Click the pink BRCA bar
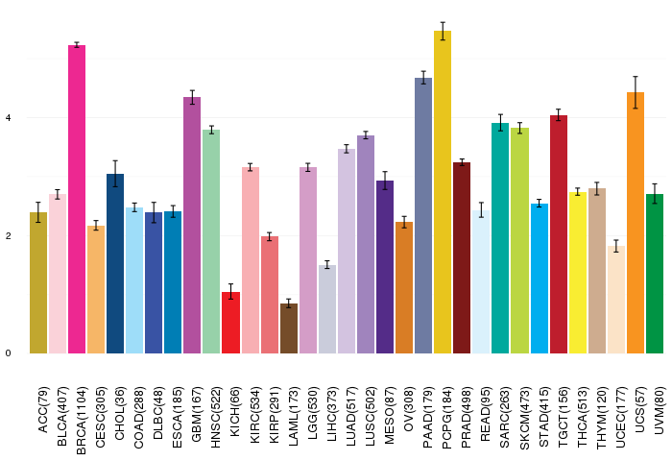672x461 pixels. coord(77,200)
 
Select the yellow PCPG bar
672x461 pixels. coord(443,192)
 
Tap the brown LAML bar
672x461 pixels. coord(289,328)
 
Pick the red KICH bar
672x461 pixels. coord(231,323)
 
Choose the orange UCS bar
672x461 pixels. coord(636,223)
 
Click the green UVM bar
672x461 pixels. coord(655,274)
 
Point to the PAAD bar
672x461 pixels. coord(423,216)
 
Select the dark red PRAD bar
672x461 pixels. coord(462,257)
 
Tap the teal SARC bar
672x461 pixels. coord(500,238)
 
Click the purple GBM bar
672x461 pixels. coord(192,226)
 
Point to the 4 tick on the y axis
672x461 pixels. coord(8,117)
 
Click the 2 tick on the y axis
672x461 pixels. coord(8,236)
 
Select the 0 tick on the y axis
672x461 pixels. coord(8,353)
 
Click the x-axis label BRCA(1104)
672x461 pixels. coord(81,421)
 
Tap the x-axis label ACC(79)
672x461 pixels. coord(43,410)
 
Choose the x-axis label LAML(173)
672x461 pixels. coord(293,417)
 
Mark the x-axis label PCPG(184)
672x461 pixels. coord(447,418)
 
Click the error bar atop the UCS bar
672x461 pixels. coord(636,92)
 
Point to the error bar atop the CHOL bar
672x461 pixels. coord(115,174)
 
